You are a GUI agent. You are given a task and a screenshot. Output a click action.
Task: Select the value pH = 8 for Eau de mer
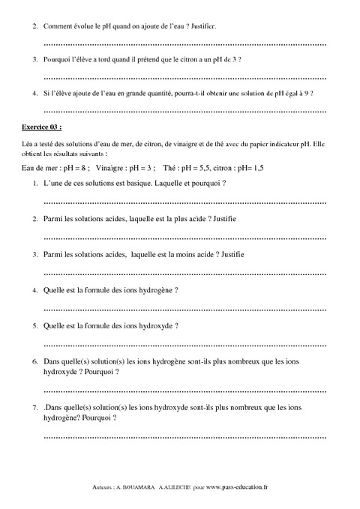click(x=74, y=166)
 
